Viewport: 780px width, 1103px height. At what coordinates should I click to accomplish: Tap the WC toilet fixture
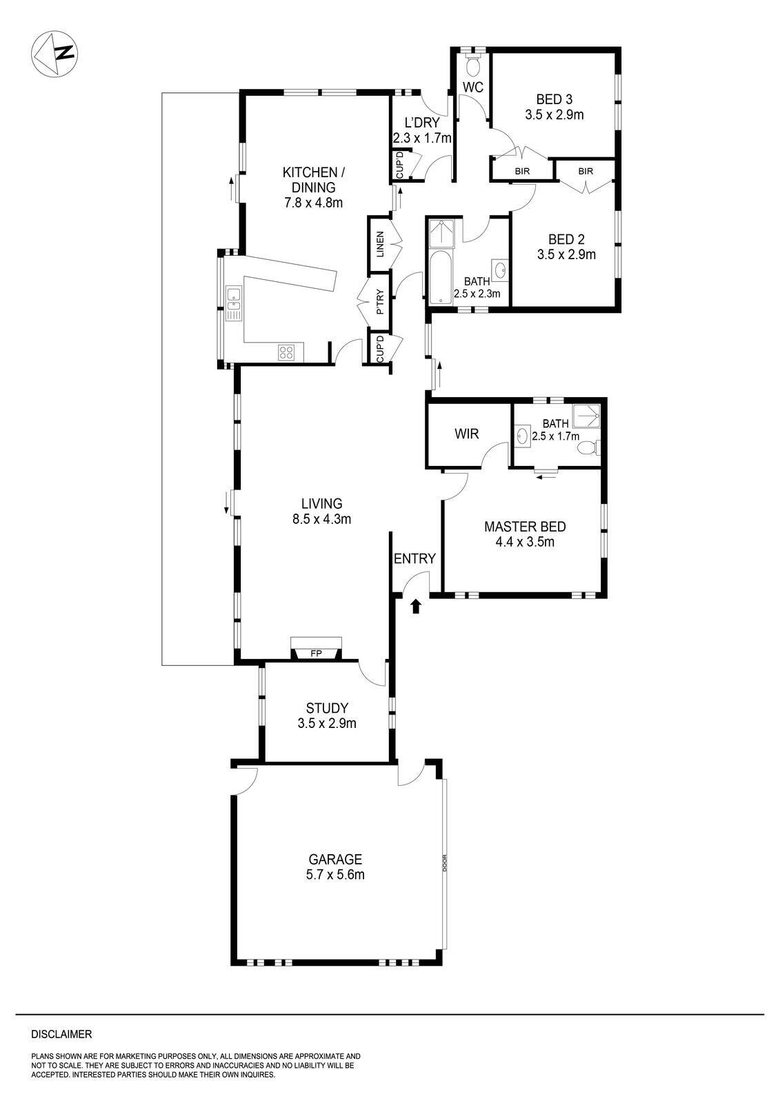pos(472,66)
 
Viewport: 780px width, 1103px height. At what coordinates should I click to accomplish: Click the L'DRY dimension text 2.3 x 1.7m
pos(422,138)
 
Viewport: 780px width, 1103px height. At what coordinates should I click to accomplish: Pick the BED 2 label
pos(566,240)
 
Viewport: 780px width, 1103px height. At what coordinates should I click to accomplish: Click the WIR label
pos(466,434)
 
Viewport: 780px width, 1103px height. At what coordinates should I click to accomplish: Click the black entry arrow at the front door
pos(416,606)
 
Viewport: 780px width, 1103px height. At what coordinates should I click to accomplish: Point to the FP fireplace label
pos(317,654)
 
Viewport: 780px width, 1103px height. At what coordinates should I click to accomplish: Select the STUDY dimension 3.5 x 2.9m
pos(327,723)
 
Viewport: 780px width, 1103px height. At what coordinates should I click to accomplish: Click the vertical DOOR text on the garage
pos(446,863)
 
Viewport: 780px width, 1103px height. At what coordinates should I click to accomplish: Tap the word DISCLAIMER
pos(61,1034)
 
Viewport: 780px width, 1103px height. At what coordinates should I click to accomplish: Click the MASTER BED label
pos(525,527)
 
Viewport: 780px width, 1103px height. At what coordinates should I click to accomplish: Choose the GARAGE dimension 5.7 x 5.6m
pos(335,875)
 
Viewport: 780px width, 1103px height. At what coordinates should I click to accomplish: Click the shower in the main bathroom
pos(439,232)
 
